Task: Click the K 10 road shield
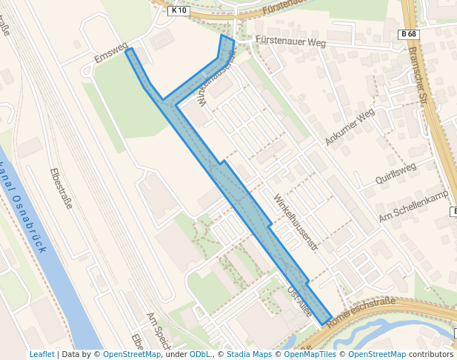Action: click(179, 10)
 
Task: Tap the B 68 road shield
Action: click(408, 34)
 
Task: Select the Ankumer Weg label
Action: click(350, 127)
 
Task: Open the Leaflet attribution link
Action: click(41, 354)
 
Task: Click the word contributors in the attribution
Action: click(431, 354)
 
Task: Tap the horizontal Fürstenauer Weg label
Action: click(290, 41)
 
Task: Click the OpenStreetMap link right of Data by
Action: click(131, 354)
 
